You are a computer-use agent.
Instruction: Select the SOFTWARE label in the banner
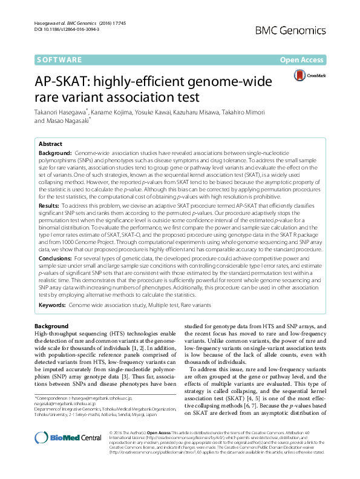pyautogui.click(x=59, y=60)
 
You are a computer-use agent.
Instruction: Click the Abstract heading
pyautogui.click(x=51, y=144)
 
